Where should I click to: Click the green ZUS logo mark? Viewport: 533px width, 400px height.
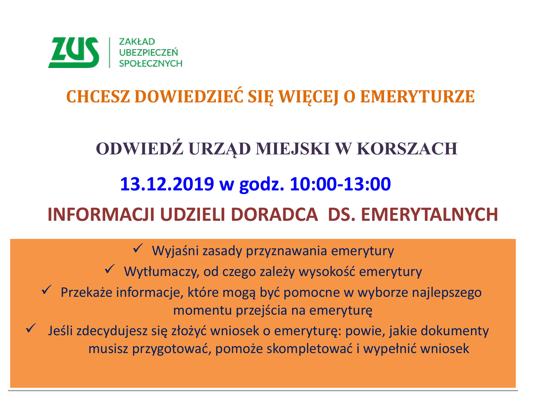[74, 53]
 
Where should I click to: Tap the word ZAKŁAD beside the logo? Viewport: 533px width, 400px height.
[137, 42]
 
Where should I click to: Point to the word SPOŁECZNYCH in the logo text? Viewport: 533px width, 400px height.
[151, 63]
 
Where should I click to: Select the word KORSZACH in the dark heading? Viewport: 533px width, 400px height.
[407, 149]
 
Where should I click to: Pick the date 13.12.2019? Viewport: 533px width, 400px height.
[167, 184]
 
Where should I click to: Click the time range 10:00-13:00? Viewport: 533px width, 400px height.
[340, 184]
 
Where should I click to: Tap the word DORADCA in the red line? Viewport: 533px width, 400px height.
[274, 214]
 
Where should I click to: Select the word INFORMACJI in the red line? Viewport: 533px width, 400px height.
[101, 214]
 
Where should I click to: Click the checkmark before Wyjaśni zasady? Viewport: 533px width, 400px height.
[138, 248]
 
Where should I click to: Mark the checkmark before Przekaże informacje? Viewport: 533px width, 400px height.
[47, 290]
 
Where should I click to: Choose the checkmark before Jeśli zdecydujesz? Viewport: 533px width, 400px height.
[31, 328]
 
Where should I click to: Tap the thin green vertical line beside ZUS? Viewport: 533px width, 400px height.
[110, 53]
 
